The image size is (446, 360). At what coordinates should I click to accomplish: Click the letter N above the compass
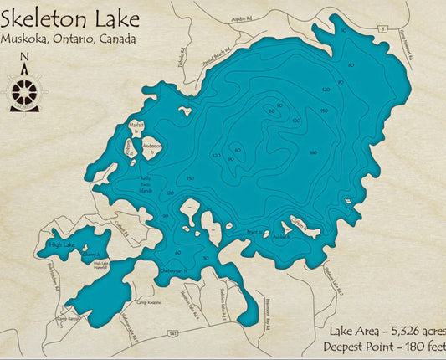tap(23, 58)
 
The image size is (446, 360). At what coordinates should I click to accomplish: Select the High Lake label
tap(62, 244)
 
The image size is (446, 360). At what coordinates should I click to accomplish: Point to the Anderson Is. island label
tap(151, 148)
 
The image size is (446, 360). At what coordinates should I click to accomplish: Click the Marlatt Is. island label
tap(136, 126)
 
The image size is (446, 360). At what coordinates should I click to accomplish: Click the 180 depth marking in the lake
tap(313, 152)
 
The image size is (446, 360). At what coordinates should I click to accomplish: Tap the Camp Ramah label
tap(66, 319)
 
